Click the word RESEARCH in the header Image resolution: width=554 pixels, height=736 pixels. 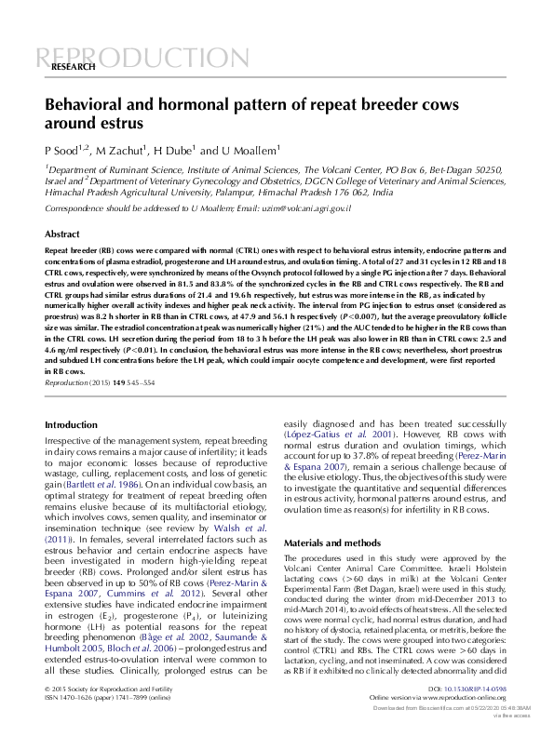[x=72, y=69]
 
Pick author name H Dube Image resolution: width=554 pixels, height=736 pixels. [x=170, y=150]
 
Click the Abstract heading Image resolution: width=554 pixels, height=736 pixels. [x=62, y=234]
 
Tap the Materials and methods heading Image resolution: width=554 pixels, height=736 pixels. [x=331, y=542]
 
